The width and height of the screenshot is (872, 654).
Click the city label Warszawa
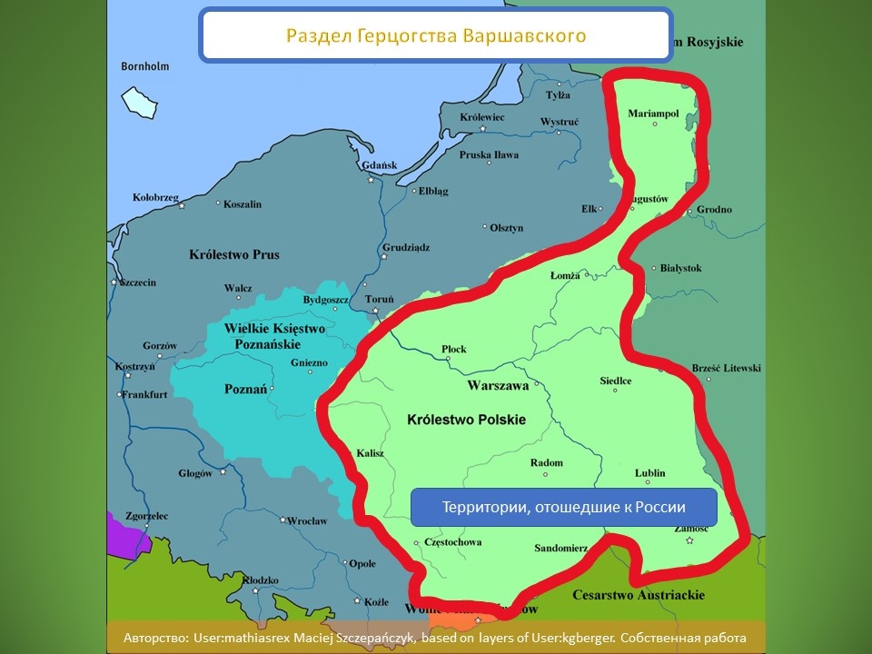click(498, 385)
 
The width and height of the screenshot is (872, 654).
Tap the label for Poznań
click(245, 389)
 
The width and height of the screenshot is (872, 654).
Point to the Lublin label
click(650, 473)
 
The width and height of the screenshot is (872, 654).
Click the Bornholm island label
click(145, 66)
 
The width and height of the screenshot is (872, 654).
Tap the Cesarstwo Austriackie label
click(639, 595)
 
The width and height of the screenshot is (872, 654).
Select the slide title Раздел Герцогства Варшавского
click(436, 36)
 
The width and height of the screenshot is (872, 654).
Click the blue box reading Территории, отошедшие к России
click(563, 507)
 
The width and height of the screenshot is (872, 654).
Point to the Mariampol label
click(654, 114)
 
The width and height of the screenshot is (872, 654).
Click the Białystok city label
click(679, 268)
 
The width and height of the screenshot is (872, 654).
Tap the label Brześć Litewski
click(727, 368)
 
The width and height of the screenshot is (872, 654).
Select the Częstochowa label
click(452, 542)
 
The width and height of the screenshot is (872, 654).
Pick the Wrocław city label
click(306, 520)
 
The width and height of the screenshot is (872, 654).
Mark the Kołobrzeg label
click(155, 197)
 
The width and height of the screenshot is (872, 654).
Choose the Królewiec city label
click(482, 117)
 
